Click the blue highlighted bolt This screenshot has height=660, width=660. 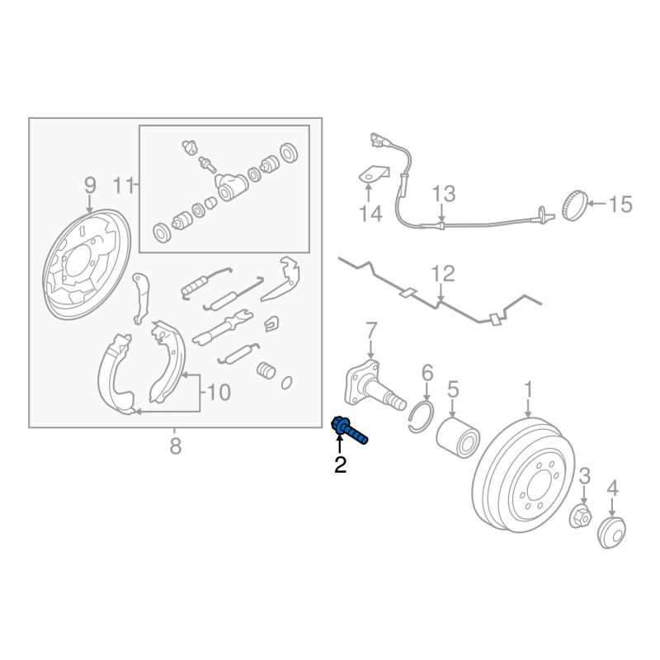point(349,430)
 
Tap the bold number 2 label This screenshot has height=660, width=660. point(340,464)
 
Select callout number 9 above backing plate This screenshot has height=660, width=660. point(90,185)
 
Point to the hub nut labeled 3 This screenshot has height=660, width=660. point(581,516)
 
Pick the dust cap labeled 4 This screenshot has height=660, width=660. point(611,532)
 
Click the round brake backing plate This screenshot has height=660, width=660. point(87,264)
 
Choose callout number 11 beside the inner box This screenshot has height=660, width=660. point(123,185)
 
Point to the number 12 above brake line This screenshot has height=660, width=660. point(443,274)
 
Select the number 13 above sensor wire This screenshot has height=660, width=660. point(444,194)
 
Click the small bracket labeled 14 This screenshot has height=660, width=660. point(374,174)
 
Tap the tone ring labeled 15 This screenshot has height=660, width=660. point(574,205)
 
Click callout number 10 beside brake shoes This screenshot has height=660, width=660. point(219,393)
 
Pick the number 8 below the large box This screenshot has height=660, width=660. point(176,446)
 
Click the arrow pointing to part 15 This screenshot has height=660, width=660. point(596,204)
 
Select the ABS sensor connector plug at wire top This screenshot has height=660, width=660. point(378,139)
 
